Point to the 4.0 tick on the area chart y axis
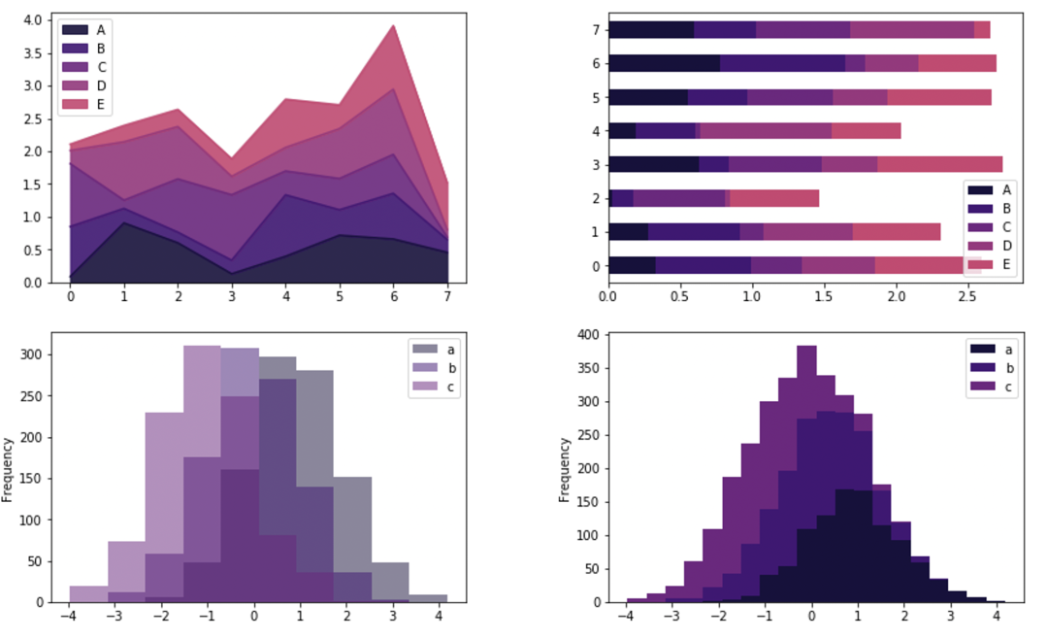click(32, 19)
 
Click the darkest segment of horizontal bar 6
click(664, 63)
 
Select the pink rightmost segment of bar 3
click(939, 164)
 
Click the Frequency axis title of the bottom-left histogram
click(8, 468)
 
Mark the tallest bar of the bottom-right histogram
click(805, 359)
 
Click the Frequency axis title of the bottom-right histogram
click(566, 468)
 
